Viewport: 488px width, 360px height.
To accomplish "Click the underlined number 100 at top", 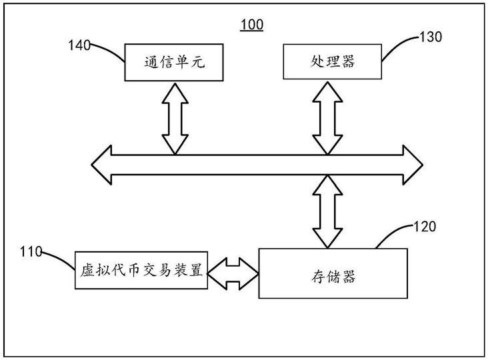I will click(x=252, y=25).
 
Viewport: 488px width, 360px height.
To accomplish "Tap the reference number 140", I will click(x=80, y=45).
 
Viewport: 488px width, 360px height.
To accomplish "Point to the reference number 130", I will click(x=429, y=37).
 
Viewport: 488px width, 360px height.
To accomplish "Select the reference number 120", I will click(x=425, y=227).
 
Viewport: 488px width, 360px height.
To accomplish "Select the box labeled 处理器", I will click(x=332, y=62).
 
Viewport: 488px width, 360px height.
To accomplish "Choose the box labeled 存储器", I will click(x=333, y=273).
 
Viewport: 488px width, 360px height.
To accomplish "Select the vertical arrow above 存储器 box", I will click(x=327, y=211).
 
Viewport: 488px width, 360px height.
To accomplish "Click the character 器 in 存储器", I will click(x=347, y=274).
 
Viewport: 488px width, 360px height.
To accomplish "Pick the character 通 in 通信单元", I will click(x=151, y=62).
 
